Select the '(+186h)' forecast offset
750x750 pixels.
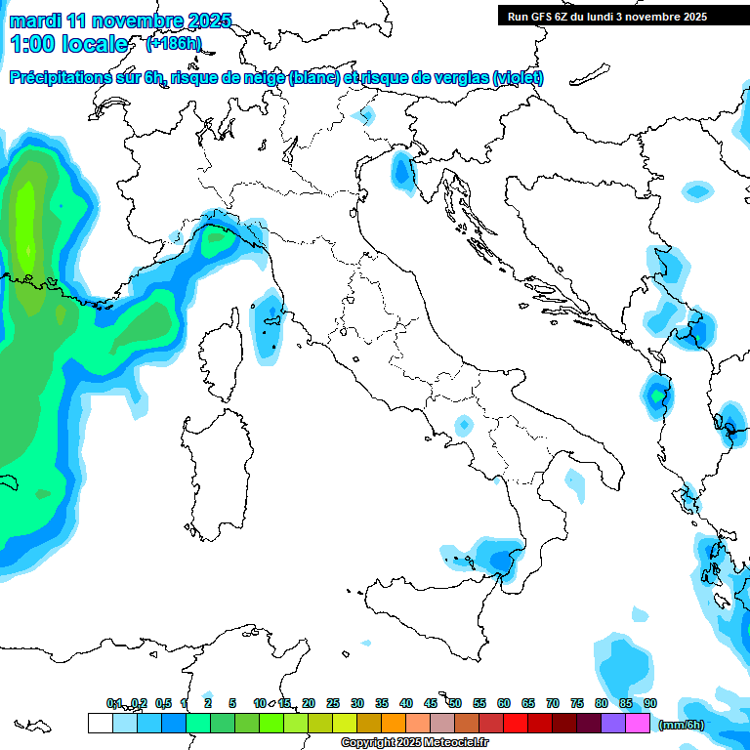coord(173,44)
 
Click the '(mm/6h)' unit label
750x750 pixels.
coord(681,724)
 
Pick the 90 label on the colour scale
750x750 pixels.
coord(650,703)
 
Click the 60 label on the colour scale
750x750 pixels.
coord(504,703)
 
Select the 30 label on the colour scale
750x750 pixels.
coord(357,703)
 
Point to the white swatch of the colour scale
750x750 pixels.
coord(100,723)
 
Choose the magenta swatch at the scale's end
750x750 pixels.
coord(638,723)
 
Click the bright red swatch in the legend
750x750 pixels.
coord(516,723)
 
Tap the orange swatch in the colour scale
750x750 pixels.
coord(394,723)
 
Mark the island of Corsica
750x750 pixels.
coord(223,352)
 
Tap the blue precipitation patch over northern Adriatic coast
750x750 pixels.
coord(401,170)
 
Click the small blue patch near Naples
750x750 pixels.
coord(463,425)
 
